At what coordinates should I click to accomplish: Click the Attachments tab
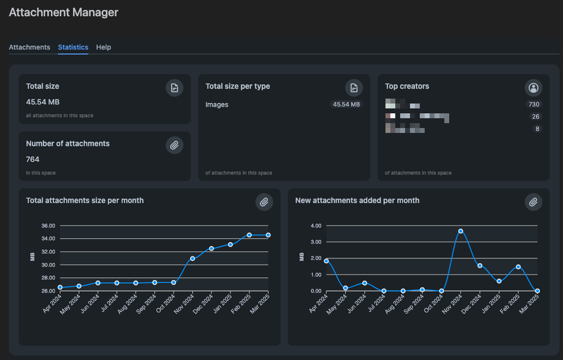(29, 47)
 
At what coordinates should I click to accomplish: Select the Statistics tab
(73, 47)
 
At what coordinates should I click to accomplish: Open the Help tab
(103, 47)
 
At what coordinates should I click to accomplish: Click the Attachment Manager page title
(64, 12)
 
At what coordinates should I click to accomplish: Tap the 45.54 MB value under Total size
(43, 102)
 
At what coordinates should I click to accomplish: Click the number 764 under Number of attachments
(33, 159)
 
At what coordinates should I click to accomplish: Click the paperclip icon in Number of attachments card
(175, 145)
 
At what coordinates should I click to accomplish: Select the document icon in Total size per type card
(354, 88)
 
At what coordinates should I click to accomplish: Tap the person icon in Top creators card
(533, 88)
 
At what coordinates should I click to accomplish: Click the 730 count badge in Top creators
(533, 105)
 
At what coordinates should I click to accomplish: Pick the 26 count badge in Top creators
(535, 117)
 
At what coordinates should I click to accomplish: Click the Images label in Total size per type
(217, 104)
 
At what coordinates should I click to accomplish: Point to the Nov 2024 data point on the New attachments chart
(461, 231)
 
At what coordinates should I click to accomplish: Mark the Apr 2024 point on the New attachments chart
(326, 261)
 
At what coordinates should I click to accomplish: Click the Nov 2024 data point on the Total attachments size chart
(192, 259)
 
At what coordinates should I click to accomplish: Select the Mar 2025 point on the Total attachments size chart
(268, 235)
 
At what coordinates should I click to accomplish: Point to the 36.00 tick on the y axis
(48, 226)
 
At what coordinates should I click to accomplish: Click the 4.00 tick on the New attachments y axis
(316, 226)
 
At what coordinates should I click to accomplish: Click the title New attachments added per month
(357, 201)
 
